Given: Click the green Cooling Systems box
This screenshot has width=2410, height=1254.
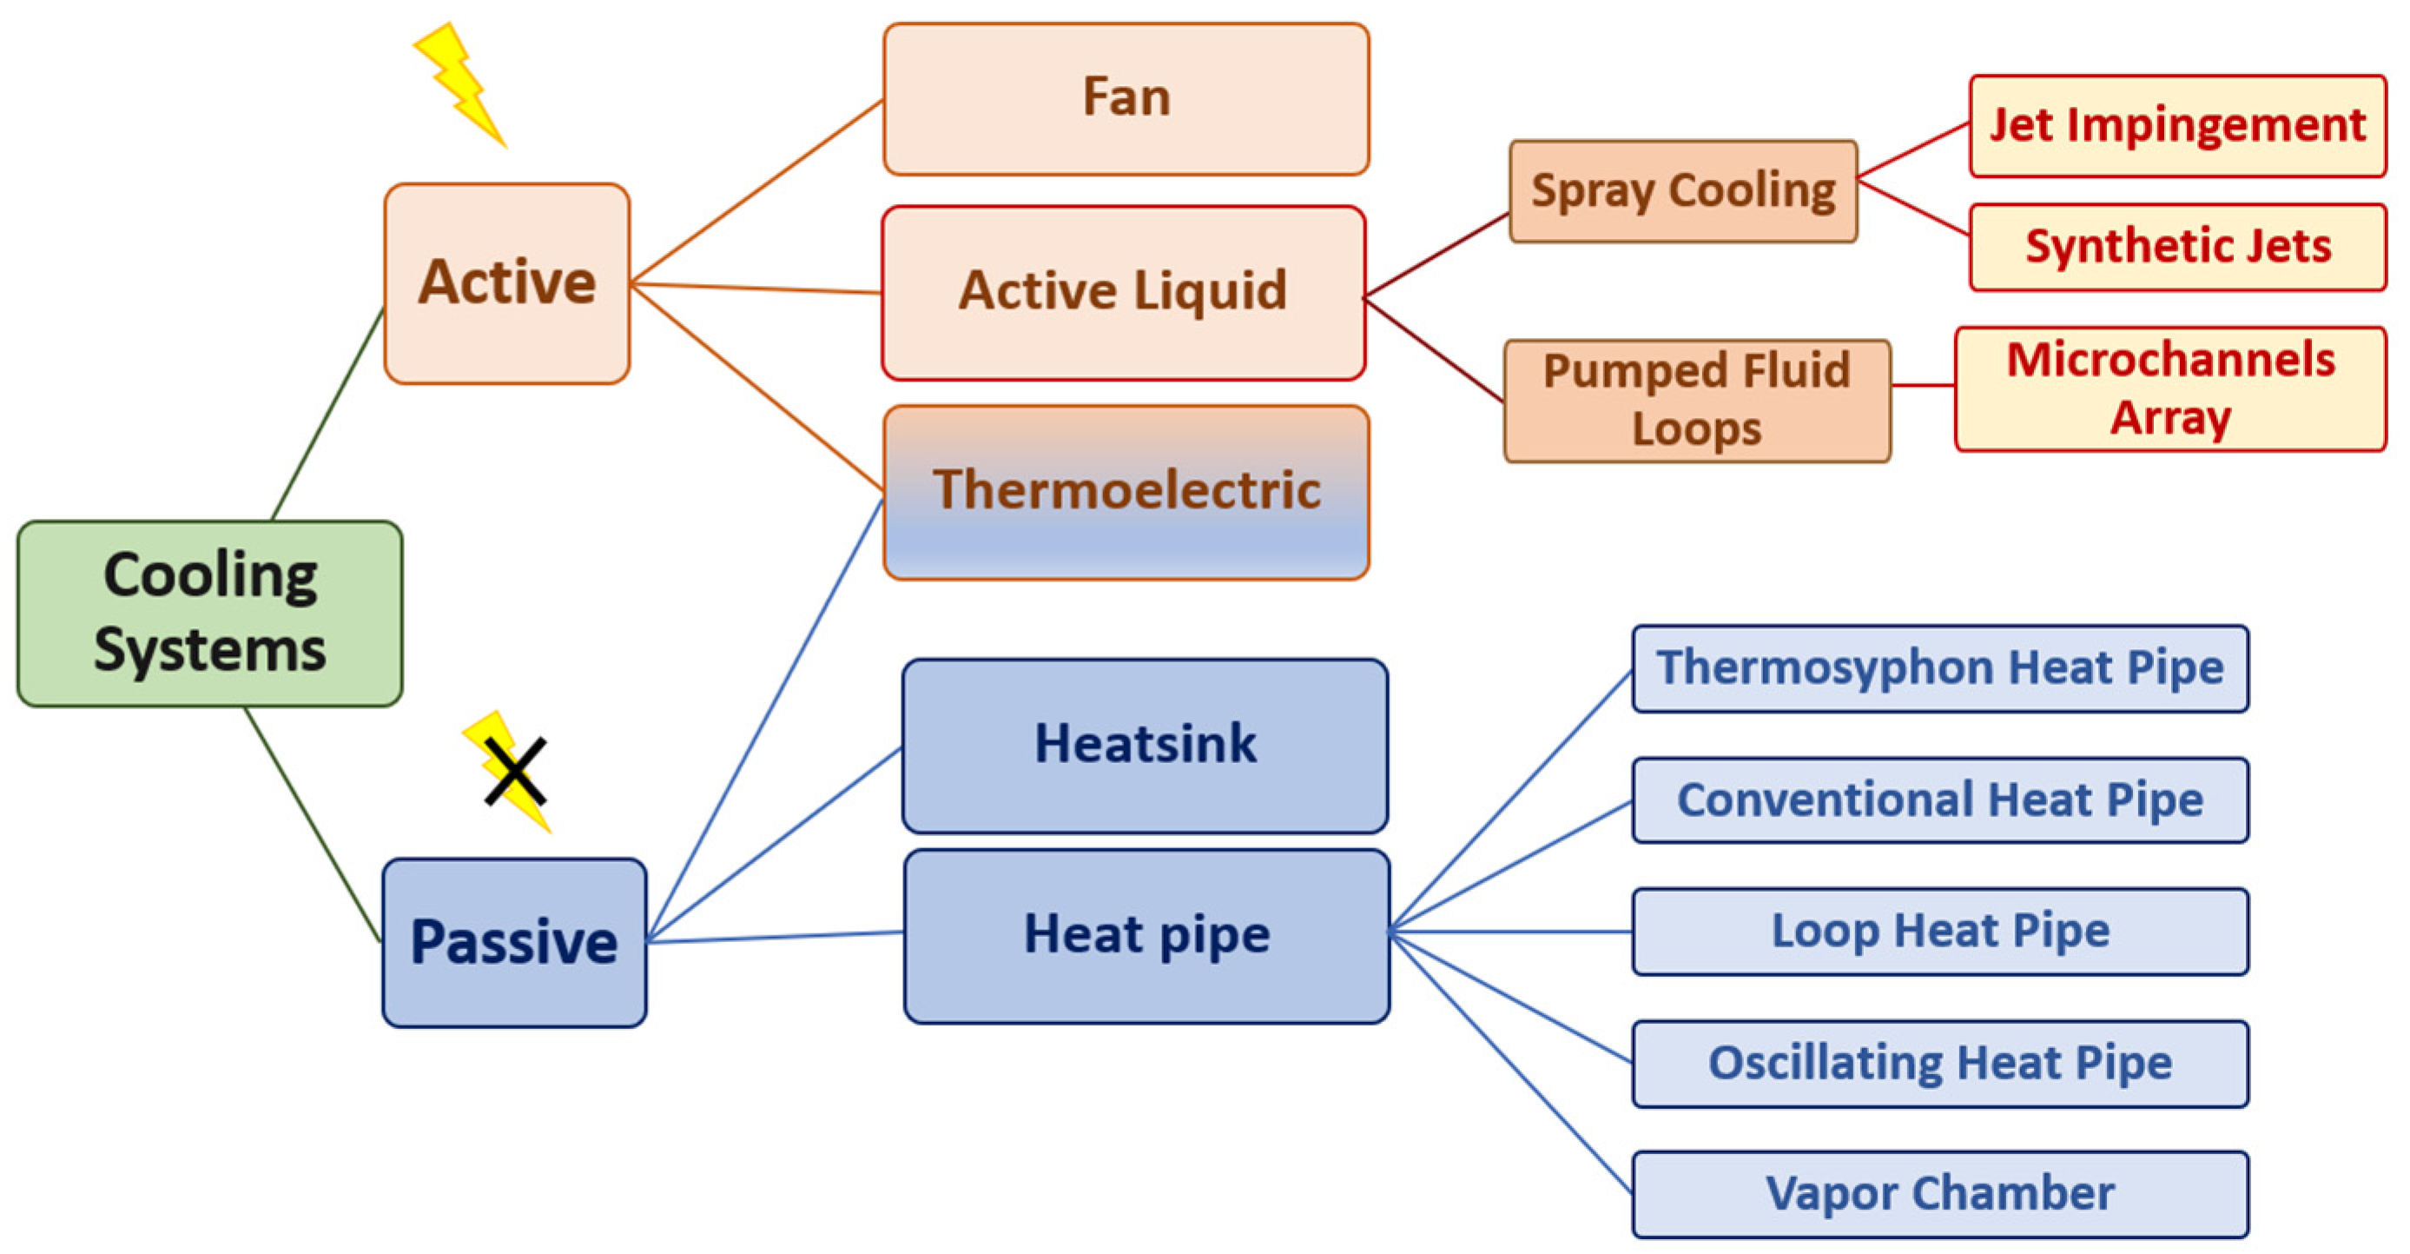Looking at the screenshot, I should coord(209,613).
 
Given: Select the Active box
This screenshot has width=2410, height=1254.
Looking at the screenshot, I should coord(506,282).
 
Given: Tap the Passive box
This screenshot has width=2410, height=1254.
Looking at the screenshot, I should coord(513,941).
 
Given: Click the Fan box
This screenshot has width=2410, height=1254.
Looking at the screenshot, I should coord(1126,98).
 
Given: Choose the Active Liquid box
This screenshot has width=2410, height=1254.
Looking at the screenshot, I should coord(1123,292).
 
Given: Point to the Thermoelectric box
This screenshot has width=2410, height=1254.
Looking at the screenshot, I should coord(1126,492).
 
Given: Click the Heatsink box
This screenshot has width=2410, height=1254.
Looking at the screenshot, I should coord(1144,745).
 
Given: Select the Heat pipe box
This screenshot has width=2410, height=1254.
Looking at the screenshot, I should coord(1146,935).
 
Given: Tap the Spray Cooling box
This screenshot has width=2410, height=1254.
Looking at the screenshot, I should coord(1682,191).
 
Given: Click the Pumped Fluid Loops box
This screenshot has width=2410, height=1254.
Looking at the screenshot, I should coord(1696,400).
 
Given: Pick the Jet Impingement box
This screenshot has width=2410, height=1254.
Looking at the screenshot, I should coord(2176,125).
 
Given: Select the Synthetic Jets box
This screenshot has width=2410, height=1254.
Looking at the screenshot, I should coord(2176,247).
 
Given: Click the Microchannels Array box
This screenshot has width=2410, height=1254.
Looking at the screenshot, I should coord(2169,388).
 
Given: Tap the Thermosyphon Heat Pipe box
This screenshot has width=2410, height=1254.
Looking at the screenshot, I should coord(1939,668).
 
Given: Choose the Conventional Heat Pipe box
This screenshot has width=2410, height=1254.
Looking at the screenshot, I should coord(1939,800).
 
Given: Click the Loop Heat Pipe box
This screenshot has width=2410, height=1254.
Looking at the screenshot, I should coord(1939,931).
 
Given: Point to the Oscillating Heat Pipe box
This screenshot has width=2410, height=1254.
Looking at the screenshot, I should coord(1939,1063).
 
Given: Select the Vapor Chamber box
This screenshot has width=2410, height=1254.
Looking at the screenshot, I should coord(1939,1194).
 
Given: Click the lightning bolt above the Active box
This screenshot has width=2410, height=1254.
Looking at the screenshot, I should coord(460,84).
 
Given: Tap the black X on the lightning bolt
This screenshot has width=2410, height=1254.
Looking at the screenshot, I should coord(514,772).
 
